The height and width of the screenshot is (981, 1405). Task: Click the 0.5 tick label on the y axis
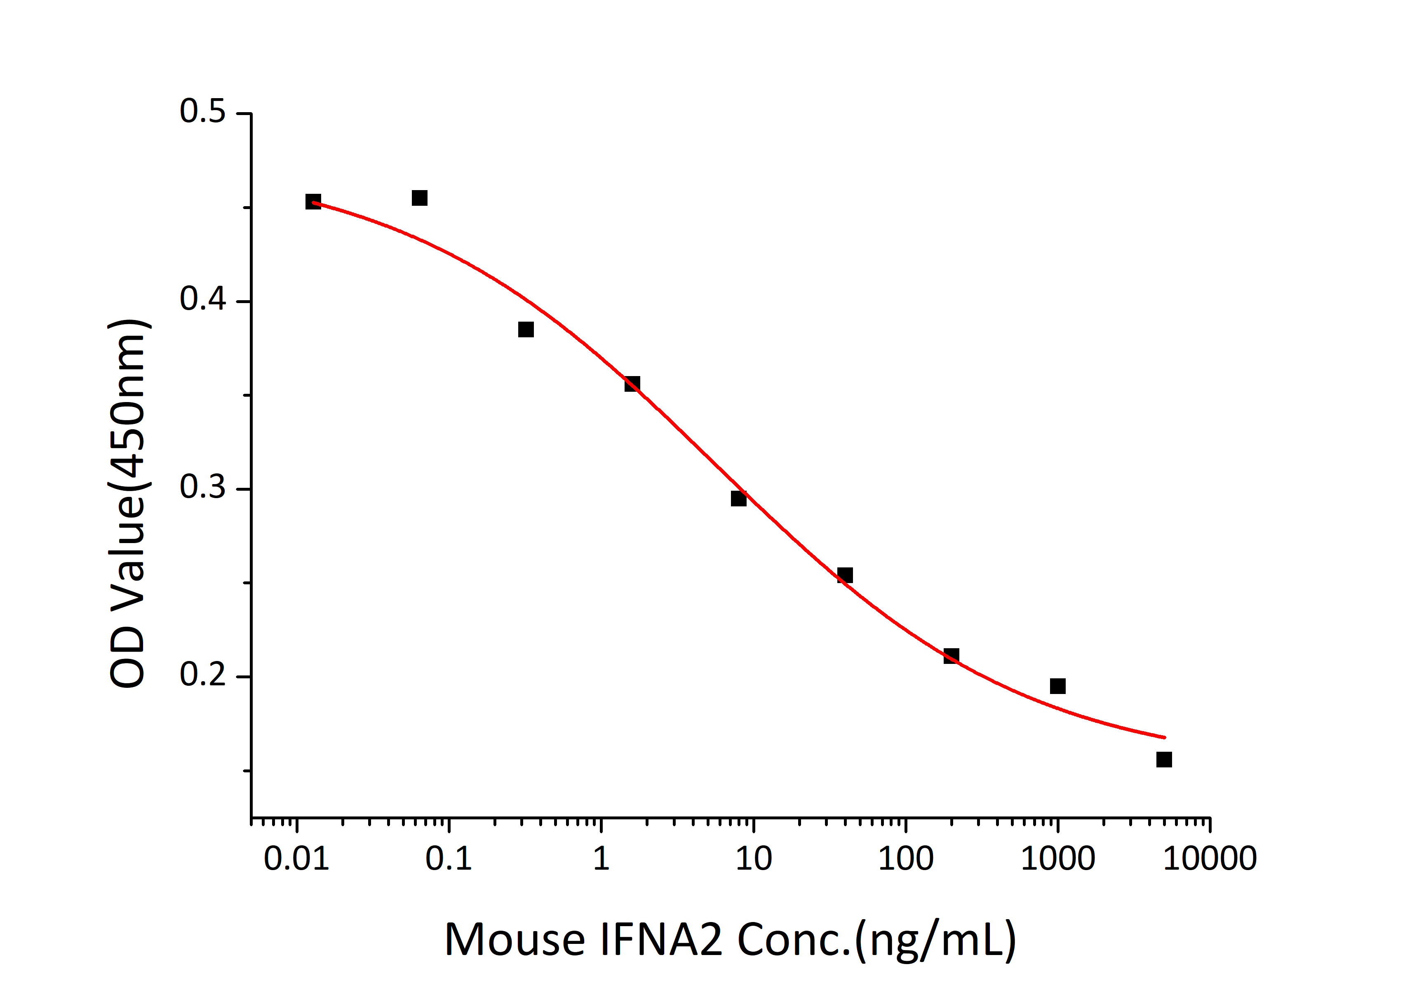pos(202,112)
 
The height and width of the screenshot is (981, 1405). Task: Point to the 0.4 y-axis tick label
pos(202,299)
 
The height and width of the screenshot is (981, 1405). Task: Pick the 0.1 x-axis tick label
pos(449,859)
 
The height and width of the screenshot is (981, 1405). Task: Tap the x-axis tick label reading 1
pos(601,859)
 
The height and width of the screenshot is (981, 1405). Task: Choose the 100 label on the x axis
pos(906,859)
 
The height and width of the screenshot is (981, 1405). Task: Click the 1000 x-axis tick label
pos(1057,859)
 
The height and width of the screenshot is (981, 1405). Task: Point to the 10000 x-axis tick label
pos(1210,859)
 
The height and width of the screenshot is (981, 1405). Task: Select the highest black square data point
pos(419,198)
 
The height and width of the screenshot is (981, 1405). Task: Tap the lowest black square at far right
pos(1164,760)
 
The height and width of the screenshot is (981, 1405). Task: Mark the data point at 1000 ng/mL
pos(1057,686)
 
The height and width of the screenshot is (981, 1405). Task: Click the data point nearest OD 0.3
pos(739,499)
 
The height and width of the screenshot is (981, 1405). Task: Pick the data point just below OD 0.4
pos(526,329)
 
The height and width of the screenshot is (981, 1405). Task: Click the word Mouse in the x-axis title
pos(514,939)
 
